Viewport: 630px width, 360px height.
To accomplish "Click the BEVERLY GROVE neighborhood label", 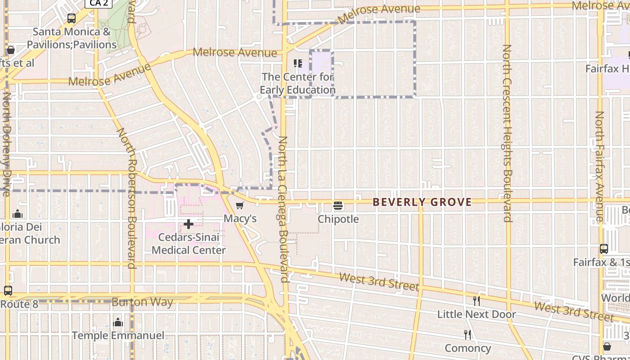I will (x=422, y=202).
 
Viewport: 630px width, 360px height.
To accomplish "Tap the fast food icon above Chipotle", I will (x=338, y=206).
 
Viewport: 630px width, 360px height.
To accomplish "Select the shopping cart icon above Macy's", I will (x=240, y=206).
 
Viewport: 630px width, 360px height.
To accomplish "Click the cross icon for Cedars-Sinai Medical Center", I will (x=189, y=224).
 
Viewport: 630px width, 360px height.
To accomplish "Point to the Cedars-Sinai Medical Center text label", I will (x=189, y=243).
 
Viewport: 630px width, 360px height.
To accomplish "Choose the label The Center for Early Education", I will (x=297, y=83).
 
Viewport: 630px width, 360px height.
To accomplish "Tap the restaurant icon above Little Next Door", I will (x=476, y=301).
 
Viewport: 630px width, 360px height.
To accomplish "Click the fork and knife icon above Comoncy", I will (x=468, y=335).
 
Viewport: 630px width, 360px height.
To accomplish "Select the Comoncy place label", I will (x=468, y=348).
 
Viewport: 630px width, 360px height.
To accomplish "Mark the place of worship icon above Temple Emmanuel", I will (x=118, y=322).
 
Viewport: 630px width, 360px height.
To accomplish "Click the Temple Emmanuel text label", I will (x=118, y=336).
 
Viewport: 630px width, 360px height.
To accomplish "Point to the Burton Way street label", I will (x=142, y=302).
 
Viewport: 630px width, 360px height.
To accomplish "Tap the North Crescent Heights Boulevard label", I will (x=508, y=133).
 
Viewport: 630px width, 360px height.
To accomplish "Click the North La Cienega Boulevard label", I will (x=283, y=209).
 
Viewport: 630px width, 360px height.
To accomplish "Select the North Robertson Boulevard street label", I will (x=126, y=198).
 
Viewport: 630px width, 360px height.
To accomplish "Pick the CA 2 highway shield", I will (x=98, y=3).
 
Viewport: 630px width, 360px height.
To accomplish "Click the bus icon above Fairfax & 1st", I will (x=604, y=249).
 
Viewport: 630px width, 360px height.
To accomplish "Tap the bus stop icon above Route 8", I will (x=8, y=291).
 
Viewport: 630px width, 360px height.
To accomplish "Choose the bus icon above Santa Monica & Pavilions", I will (x=71, y=18).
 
